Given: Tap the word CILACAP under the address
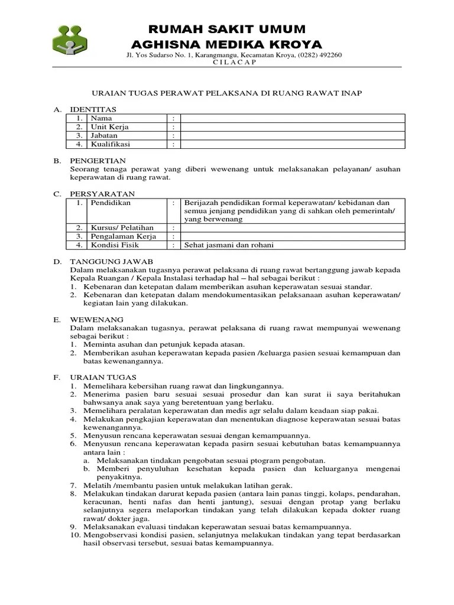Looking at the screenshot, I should pos(234,63).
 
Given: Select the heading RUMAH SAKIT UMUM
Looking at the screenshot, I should pos(226,30).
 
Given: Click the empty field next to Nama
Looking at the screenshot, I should pos(293,118).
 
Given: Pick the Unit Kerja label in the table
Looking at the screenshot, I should pos(109,126).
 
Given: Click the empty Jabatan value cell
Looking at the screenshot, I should pos(293,135).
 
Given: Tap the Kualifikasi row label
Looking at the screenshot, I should pos(110,144).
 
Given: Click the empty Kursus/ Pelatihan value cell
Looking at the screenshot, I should pos(293,227).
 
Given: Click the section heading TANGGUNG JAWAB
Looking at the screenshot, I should pos(111,261).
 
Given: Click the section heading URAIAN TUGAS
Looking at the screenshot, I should pos(103,377).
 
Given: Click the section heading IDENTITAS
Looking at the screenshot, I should pos(93,109).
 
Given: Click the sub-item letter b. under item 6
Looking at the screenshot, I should pos(86,469).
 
